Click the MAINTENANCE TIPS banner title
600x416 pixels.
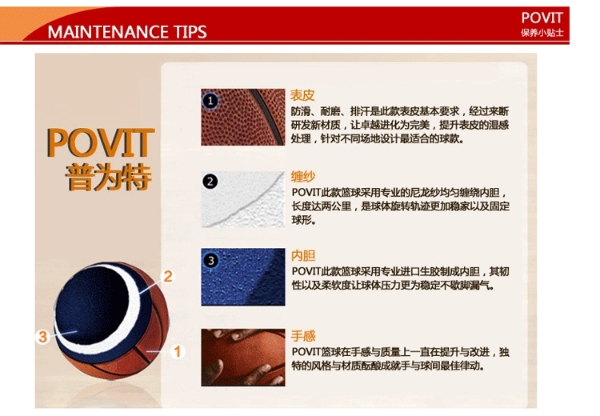coord(127,32)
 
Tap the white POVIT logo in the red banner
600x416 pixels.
coord(542,18)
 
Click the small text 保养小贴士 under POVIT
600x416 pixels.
coord(542,33)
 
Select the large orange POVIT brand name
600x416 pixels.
coord(100,142)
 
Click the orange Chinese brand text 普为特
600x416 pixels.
coord(108,177)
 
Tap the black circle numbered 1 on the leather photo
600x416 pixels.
coord(210,101)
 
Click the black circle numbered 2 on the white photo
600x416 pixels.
coord(210,181)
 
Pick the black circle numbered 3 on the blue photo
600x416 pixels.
coord(210,261)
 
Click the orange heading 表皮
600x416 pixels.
coord(302,95)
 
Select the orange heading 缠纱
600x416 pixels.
coord(302,177)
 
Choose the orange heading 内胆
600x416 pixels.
coord(303,255)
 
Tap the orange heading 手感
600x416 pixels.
coord(303,336)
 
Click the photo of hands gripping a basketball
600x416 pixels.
coord(243,358)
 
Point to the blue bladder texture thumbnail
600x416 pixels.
coord(243,277)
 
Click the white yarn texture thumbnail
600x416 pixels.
coord(243,199)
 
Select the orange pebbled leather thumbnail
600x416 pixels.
coord(243,117)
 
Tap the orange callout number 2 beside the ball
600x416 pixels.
coord(168,276)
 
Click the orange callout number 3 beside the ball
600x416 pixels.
coord(42,337)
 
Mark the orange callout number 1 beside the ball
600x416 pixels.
coord(177,351)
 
